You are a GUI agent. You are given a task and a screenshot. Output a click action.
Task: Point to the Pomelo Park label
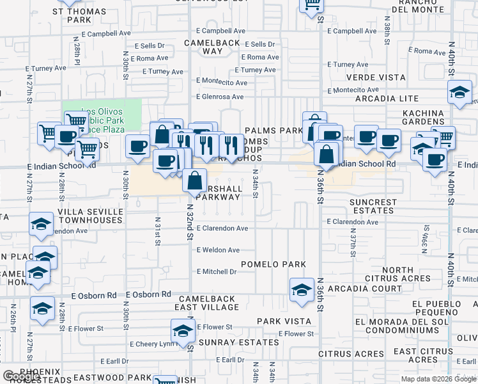[x=274, y=264]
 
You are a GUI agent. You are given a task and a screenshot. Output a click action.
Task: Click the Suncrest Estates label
[x=373, y=207]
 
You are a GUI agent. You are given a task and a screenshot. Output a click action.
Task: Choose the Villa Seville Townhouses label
[x=90, y=216]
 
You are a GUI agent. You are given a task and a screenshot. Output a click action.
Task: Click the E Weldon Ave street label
[x=218, y=250]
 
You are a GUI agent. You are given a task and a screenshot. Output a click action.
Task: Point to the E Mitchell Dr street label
[x=216, y=271]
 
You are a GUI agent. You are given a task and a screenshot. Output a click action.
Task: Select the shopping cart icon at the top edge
[x=312, y=4]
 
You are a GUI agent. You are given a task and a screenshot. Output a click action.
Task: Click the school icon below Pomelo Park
[x=302, y=289]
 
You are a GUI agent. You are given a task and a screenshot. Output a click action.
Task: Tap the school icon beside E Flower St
[x=182, y=330]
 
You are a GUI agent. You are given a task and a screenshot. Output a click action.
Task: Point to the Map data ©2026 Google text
[x=438, y=379]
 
